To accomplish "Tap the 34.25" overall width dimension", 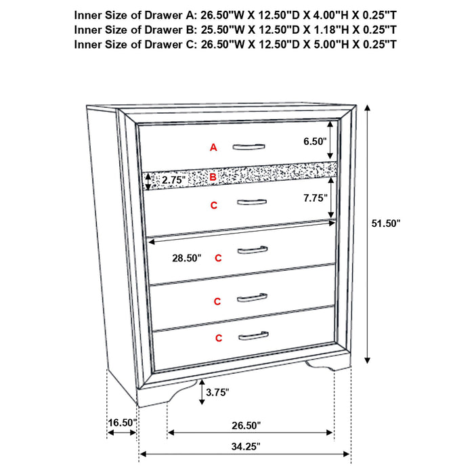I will pos(245,446).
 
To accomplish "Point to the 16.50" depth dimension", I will pos(122,423).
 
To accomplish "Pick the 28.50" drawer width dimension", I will pos(177,257).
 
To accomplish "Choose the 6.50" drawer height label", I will pos(315,142).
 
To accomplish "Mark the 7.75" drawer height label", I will pos(315,198).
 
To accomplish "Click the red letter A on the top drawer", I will pos(213,147).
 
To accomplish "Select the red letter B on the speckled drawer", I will pos(213,177).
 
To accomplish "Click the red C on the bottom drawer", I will pos(218,337).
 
